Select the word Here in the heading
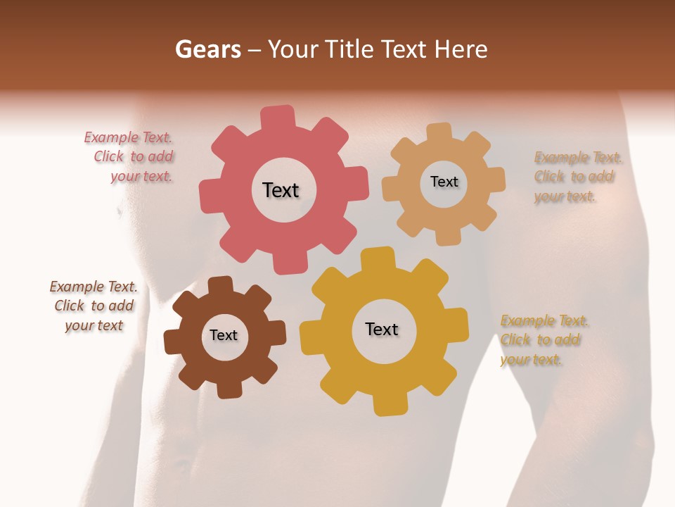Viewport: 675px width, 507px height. tap(461, 49)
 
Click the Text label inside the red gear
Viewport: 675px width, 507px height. tap(281, 190)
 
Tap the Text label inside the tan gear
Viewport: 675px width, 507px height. tap(444, 182)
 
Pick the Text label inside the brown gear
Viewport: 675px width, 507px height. tap(224, 335)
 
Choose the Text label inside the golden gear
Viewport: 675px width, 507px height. tap(382, 329)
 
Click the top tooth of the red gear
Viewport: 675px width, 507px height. tap(278, 117)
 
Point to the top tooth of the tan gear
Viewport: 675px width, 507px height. tap(440, 132)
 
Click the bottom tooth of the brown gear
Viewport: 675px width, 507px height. tap(229, 389)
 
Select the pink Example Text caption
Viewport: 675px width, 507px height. tap(133, 157)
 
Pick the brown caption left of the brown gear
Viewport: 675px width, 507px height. tap(94, 306)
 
